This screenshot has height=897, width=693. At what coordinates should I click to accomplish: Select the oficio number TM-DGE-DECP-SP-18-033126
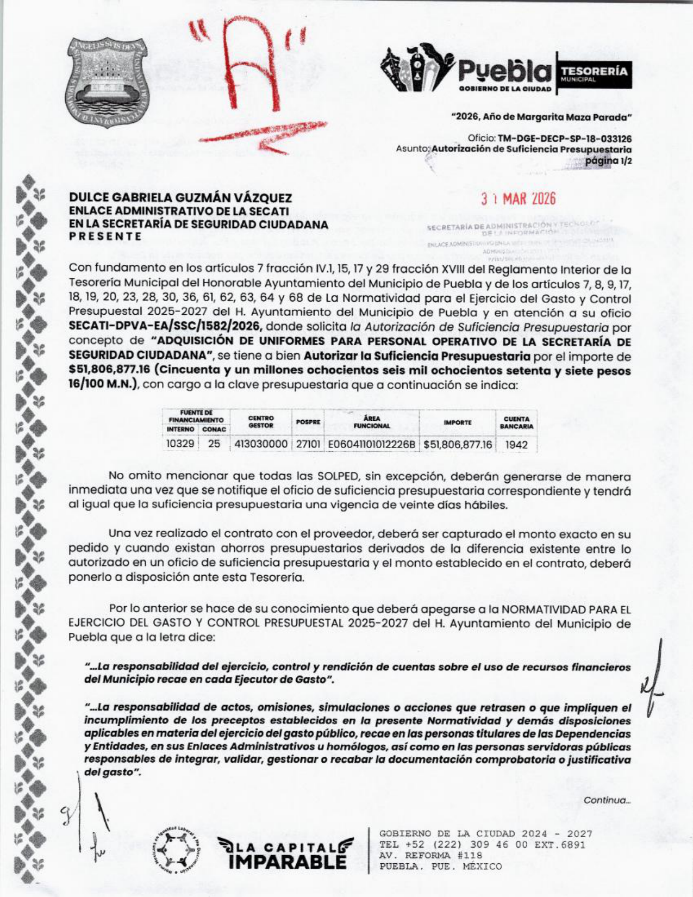point(564,139)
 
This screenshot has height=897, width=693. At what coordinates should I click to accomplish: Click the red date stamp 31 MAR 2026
point(518,200)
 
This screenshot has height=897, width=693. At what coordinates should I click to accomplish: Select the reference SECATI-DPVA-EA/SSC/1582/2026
point(166,327)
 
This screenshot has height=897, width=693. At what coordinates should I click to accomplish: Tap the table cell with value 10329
point(180,444)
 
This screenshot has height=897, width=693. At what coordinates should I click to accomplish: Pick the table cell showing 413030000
point(261,444)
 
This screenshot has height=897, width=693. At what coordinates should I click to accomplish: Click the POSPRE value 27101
point(308,444)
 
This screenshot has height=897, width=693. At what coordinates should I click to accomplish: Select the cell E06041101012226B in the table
point(372,444)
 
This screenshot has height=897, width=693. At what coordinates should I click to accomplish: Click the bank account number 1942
point(516,445)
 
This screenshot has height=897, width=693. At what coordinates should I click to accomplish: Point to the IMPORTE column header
point(457,422)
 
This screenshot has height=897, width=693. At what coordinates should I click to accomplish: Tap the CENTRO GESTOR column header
point(261,422)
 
